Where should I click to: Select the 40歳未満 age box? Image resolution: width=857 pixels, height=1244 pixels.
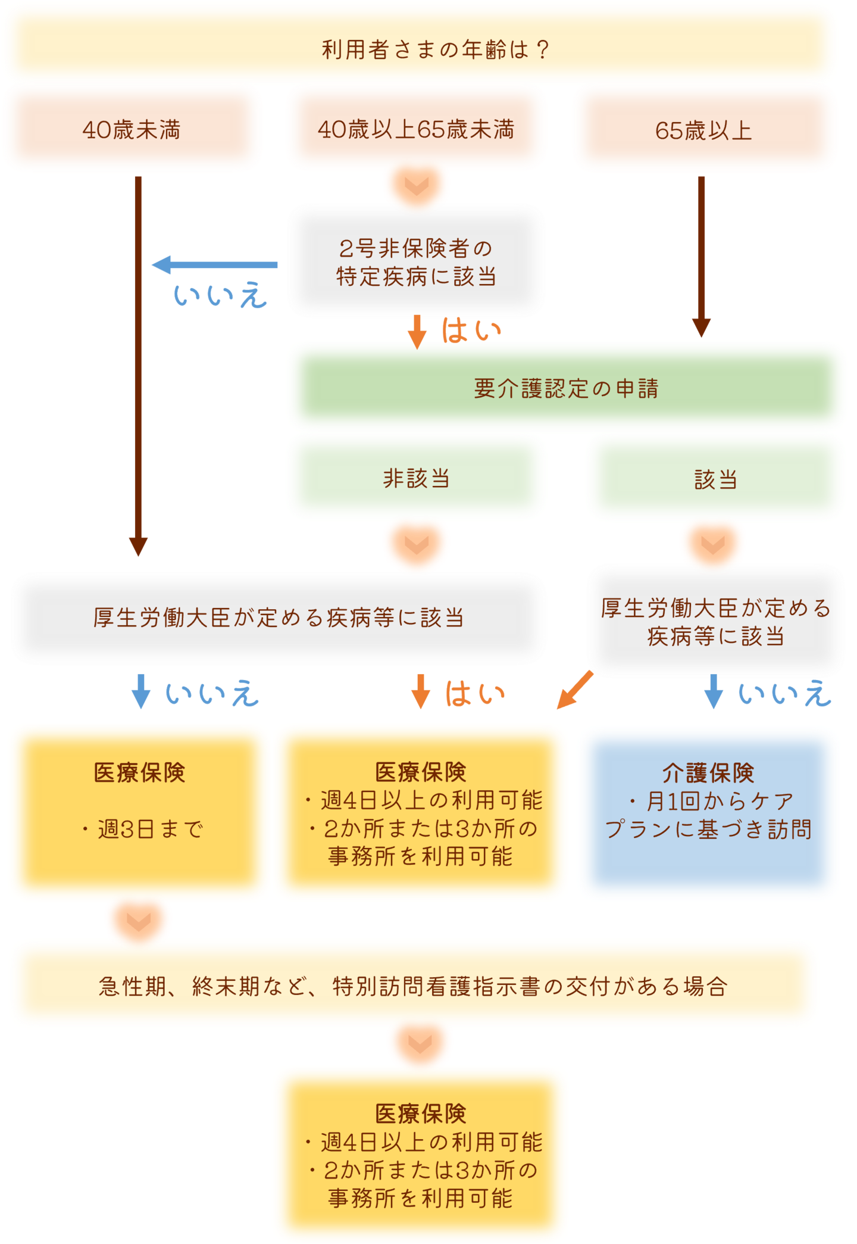(x=132, y=129)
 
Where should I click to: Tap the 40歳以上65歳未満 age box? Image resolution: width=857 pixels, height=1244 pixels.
(x=416, y=129)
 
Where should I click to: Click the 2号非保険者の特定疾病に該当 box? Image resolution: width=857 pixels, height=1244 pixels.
(x=416, y=262)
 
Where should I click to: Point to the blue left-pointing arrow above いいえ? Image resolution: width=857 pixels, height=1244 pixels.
(x=214, y=264)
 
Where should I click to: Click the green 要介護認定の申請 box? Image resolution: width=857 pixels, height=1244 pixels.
(x=567, y=387)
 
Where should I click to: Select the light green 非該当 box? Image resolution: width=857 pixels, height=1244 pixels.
(x=416, y=478)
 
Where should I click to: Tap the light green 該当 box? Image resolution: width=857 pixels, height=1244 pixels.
(x=715, y=478)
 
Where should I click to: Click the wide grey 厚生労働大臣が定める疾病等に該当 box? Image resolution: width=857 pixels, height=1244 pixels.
(x=278, y=618)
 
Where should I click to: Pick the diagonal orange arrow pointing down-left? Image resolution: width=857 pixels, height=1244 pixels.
(x=574, y=691)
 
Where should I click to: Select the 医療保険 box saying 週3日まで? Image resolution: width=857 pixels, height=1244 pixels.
(x=139, y=812)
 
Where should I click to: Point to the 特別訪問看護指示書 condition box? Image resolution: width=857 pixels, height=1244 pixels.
(x=413, y=986)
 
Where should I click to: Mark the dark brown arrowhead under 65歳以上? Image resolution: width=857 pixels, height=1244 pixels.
(x=701, y=328)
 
